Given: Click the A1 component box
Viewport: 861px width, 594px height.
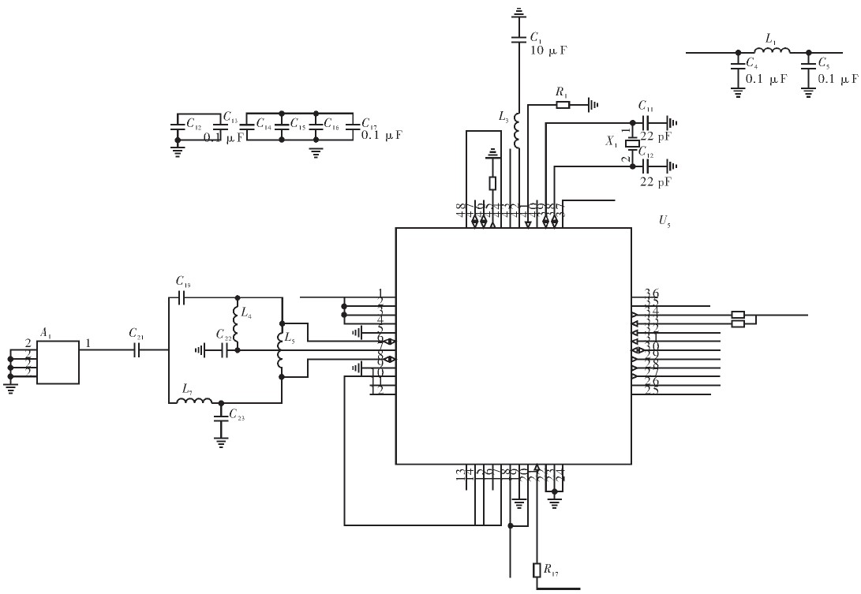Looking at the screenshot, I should (58, 362).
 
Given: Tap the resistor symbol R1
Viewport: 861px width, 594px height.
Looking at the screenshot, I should (562, 103).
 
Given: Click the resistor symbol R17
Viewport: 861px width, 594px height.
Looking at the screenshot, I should (537, 570).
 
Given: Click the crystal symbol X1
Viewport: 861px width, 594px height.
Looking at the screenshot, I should (631, 144).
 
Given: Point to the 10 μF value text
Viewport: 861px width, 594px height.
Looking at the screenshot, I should (548, 50).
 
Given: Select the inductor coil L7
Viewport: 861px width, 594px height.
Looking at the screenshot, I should (194, 402).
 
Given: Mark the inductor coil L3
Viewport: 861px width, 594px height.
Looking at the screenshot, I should (518, 130).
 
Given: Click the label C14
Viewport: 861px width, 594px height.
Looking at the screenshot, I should (264, 125).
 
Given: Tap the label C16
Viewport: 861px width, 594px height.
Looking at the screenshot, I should (331, 125).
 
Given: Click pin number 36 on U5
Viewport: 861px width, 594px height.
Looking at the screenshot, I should (651, 293).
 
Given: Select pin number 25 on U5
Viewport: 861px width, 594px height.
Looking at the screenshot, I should (651, 390).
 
